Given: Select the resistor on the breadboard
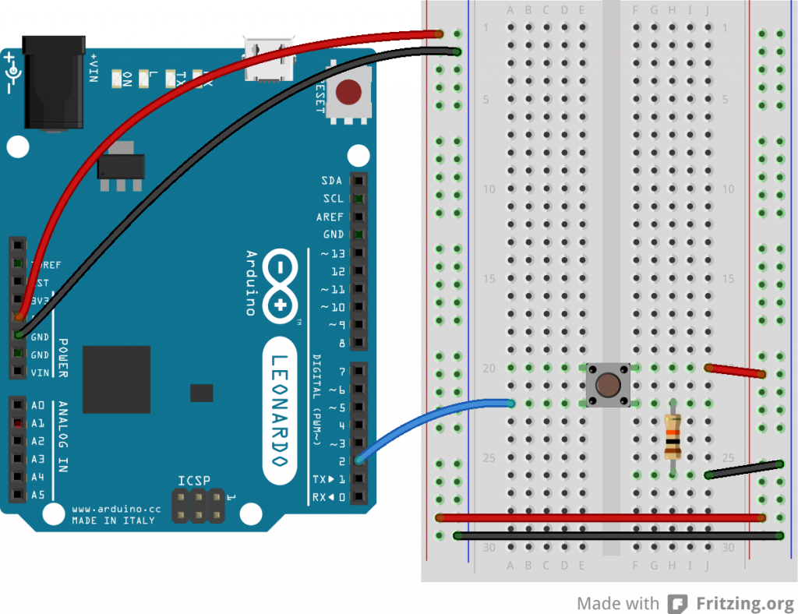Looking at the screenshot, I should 673,436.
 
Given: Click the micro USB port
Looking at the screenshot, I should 270,59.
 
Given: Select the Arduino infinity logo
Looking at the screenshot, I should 281,285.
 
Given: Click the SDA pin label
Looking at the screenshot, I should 331,181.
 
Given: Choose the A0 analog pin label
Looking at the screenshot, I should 37,405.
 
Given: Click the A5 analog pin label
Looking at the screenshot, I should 37,495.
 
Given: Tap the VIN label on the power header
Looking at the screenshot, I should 39,372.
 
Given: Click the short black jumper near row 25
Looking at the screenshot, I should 744,469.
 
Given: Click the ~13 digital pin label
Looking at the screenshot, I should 334,253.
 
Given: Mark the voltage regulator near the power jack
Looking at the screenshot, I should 121,168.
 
